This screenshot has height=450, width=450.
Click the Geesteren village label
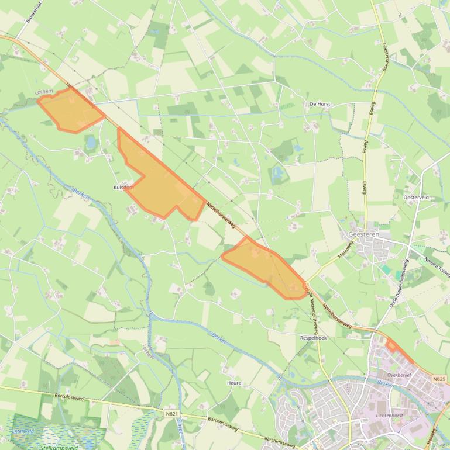[x=363, y=234]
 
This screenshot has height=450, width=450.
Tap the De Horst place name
[x=320, y=104]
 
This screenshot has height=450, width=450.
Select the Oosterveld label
[x=416, y=198]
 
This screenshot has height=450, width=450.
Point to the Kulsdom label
[x=123, y=187]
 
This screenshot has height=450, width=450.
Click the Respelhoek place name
[x=313, y=338]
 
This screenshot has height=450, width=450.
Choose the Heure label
[x=234, y=383]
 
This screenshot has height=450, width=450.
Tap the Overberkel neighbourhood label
[x=399, y=375]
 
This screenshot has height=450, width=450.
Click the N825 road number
[x=439, y=379]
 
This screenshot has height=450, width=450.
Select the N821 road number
[x=171, y=414]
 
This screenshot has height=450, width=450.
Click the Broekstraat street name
[x=36, y=12]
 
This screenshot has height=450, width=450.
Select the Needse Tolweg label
[x=437, y=266]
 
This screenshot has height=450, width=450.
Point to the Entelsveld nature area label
[x=23, y=431]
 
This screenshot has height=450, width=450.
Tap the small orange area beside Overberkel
[x=400, y=351]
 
